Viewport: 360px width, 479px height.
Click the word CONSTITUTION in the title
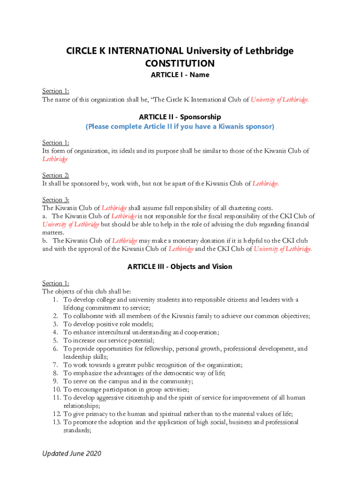tap(180, 64)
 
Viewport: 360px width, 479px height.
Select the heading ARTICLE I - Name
tap(180, 75)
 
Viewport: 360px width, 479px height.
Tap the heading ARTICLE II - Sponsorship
tap(180, 117)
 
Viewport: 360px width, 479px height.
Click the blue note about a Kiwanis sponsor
tap(180, 126)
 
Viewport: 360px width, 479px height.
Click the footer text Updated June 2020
tap(71, 453)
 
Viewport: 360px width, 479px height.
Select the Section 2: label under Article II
tap(56, 175)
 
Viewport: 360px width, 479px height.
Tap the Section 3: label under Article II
tap(56, 200)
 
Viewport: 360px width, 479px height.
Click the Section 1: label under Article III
tap(56, 283)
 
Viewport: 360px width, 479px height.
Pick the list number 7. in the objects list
tap(55, 365)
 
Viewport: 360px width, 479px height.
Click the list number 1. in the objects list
tap(55, 299)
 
